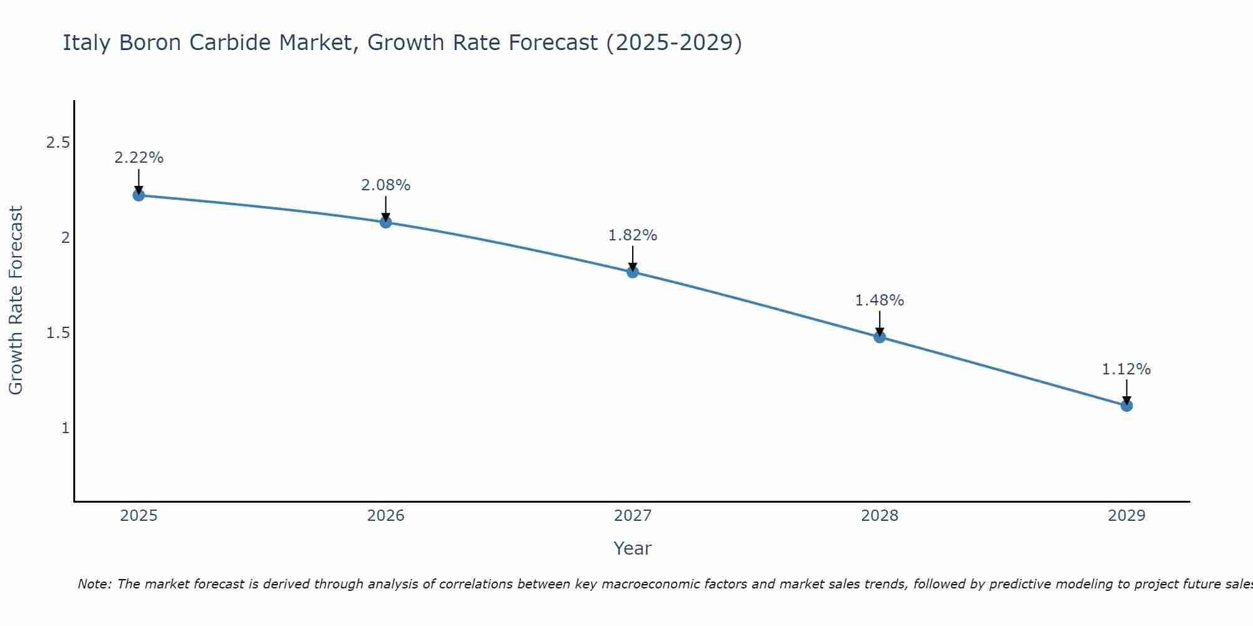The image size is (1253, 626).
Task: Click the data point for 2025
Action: pos(138,195)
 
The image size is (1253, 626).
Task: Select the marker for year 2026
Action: pos(386,222)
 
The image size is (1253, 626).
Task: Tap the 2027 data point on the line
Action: pos(633,272)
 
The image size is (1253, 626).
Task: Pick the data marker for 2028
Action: pos(880,337)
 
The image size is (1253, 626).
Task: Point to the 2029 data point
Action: pos(1126,406)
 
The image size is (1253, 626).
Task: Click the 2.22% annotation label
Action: pos(138,158)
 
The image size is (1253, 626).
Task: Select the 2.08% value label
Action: pos(386,185)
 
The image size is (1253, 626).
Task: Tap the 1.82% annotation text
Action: pos(633,235)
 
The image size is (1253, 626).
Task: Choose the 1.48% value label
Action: pos(880,300)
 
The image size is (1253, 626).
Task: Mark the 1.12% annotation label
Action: pos(1126,369)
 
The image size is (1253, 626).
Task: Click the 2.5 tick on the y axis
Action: pos(58,143)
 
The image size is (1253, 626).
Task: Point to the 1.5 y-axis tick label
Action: pos(58,333)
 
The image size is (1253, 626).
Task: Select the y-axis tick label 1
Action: pos(65,428)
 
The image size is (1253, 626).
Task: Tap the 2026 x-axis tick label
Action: pos(386,516)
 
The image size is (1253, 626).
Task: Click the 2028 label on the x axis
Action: pos(880,516)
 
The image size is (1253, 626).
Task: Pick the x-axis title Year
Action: pos(633,548)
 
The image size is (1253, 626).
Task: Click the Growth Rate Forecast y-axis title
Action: pos(16,300)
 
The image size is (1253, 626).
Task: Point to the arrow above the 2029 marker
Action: pos(1126,392)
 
